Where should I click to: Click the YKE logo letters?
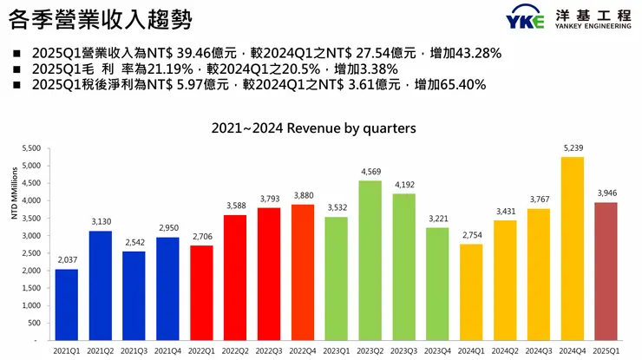(x=525, y=19)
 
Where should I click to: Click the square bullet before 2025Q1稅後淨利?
(x=16, y=85)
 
